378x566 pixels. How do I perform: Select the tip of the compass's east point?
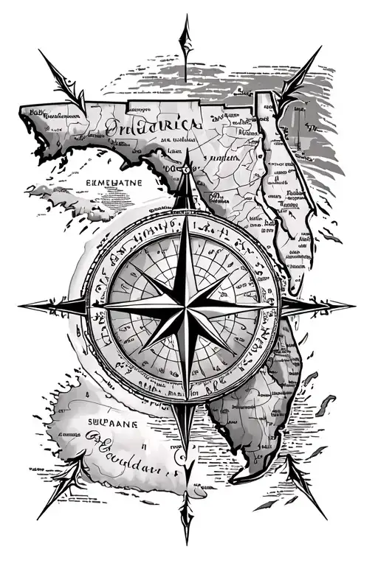click(354, 304)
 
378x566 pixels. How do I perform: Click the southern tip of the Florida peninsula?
click(258, 483)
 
